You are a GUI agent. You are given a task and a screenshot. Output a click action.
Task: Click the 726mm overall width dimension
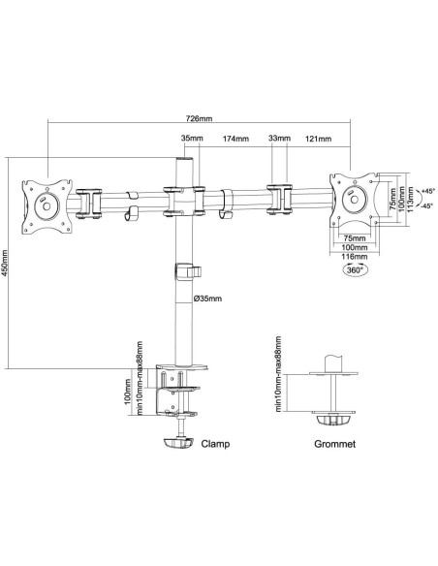tap(199, 118)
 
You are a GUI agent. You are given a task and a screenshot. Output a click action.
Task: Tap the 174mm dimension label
tap(235, 139)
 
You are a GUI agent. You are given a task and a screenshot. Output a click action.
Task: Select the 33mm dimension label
tap(280, 138)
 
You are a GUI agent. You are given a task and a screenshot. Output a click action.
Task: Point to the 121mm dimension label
tap(318, 139)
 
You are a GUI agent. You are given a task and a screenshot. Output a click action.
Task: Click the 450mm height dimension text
tap(4, 263)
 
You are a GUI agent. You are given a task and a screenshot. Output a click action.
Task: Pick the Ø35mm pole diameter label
tap(207, 299)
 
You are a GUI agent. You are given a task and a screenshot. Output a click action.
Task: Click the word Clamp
tap(215, 444)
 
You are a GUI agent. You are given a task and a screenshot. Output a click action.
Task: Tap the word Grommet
tap(335, 444)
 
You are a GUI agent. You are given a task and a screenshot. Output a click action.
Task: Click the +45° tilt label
tap(427, 191)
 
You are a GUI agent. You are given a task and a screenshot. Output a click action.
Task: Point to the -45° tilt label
tap(427, 205)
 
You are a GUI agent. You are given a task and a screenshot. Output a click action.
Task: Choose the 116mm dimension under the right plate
tap(355, 257)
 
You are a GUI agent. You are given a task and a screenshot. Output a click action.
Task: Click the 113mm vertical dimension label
tap(410, 200)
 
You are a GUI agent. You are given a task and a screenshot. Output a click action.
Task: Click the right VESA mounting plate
tap(355, 200)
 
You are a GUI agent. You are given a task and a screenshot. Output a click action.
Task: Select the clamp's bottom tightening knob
tap(178, 443)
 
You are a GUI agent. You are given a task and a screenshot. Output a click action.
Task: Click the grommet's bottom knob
tap(333, 421)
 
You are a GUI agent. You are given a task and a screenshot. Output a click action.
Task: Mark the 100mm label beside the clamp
tap(127, 392)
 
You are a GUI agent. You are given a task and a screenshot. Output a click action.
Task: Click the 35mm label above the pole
tap(192, 138)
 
